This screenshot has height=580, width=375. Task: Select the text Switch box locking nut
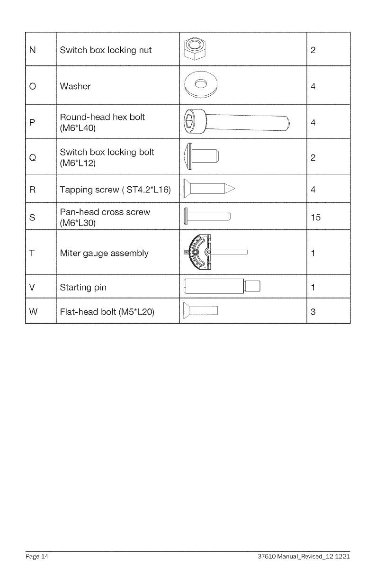click(x=106, y=50)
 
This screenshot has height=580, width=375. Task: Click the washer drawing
click(x=200, y=85)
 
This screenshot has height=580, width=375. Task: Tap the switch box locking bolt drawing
click(x=201, y=156)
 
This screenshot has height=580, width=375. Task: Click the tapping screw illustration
click(x=209, y=189)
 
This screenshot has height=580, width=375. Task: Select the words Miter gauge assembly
click(x=104, y=253)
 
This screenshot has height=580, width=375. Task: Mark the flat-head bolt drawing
click(x=201, y=311)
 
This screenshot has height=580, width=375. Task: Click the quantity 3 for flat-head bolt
click(x=313, y=312)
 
